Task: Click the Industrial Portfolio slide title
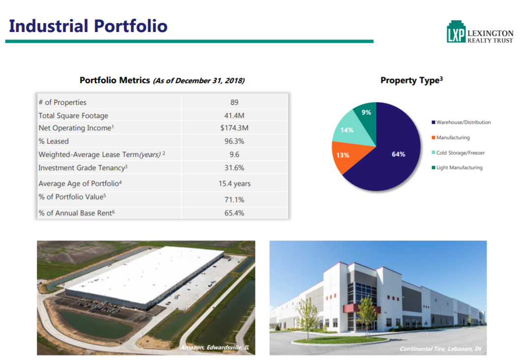click(88, 26)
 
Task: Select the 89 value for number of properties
click(234, 102)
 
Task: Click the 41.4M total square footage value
click(234, 116)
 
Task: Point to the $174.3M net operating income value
click(234, 128)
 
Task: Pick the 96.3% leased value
click(234, 141)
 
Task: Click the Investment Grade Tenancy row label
click(83, 168)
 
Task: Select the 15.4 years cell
click(234, 183)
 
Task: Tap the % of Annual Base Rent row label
click(79, 213)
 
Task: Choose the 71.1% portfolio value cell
click(234, 200)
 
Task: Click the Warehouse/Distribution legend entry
click(463, 122)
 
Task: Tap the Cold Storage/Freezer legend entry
click(460, 153)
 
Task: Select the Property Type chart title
click(411, 80)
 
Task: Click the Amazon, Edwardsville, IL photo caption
click(215, 348)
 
